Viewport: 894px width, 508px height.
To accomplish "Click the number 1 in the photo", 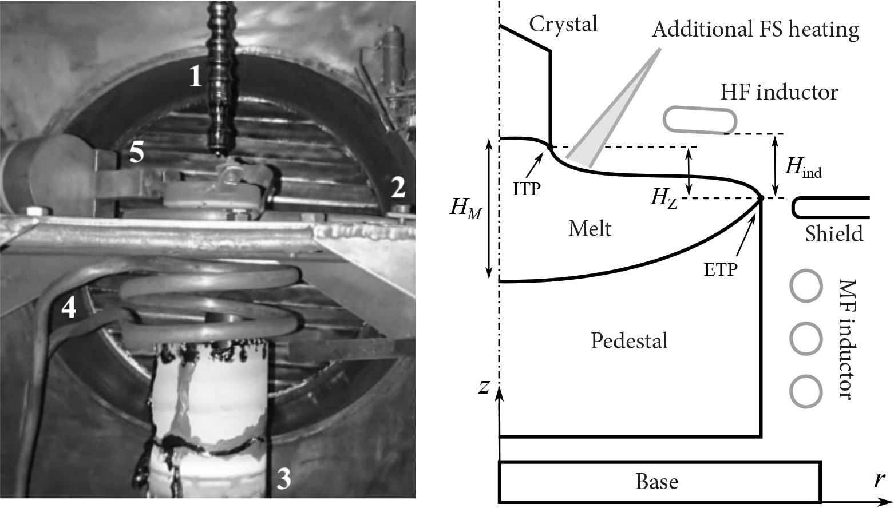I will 196,76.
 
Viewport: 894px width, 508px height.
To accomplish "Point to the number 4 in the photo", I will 68,308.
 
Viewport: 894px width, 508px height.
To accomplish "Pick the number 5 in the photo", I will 136,154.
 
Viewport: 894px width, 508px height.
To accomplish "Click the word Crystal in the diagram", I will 563,25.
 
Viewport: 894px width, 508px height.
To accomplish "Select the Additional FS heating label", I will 755,29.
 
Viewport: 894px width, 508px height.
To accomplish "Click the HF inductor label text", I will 779,92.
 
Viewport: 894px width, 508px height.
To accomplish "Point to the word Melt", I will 590,229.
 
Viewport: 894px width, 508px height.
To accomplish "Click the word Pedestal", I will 629,340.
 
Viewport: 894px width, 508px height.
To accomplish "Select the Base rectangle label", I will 656,481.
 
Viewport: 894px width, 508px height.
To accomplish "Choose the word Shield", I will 834,233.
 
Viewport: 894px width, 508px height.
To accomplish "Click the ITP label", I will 527,189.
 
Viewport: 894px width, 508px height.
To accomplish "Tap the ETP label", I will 720,269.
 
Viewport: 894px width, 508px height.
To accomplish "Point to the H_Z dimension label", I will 664,198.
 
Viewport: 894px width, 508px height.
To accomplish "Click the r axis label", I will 879,479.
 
